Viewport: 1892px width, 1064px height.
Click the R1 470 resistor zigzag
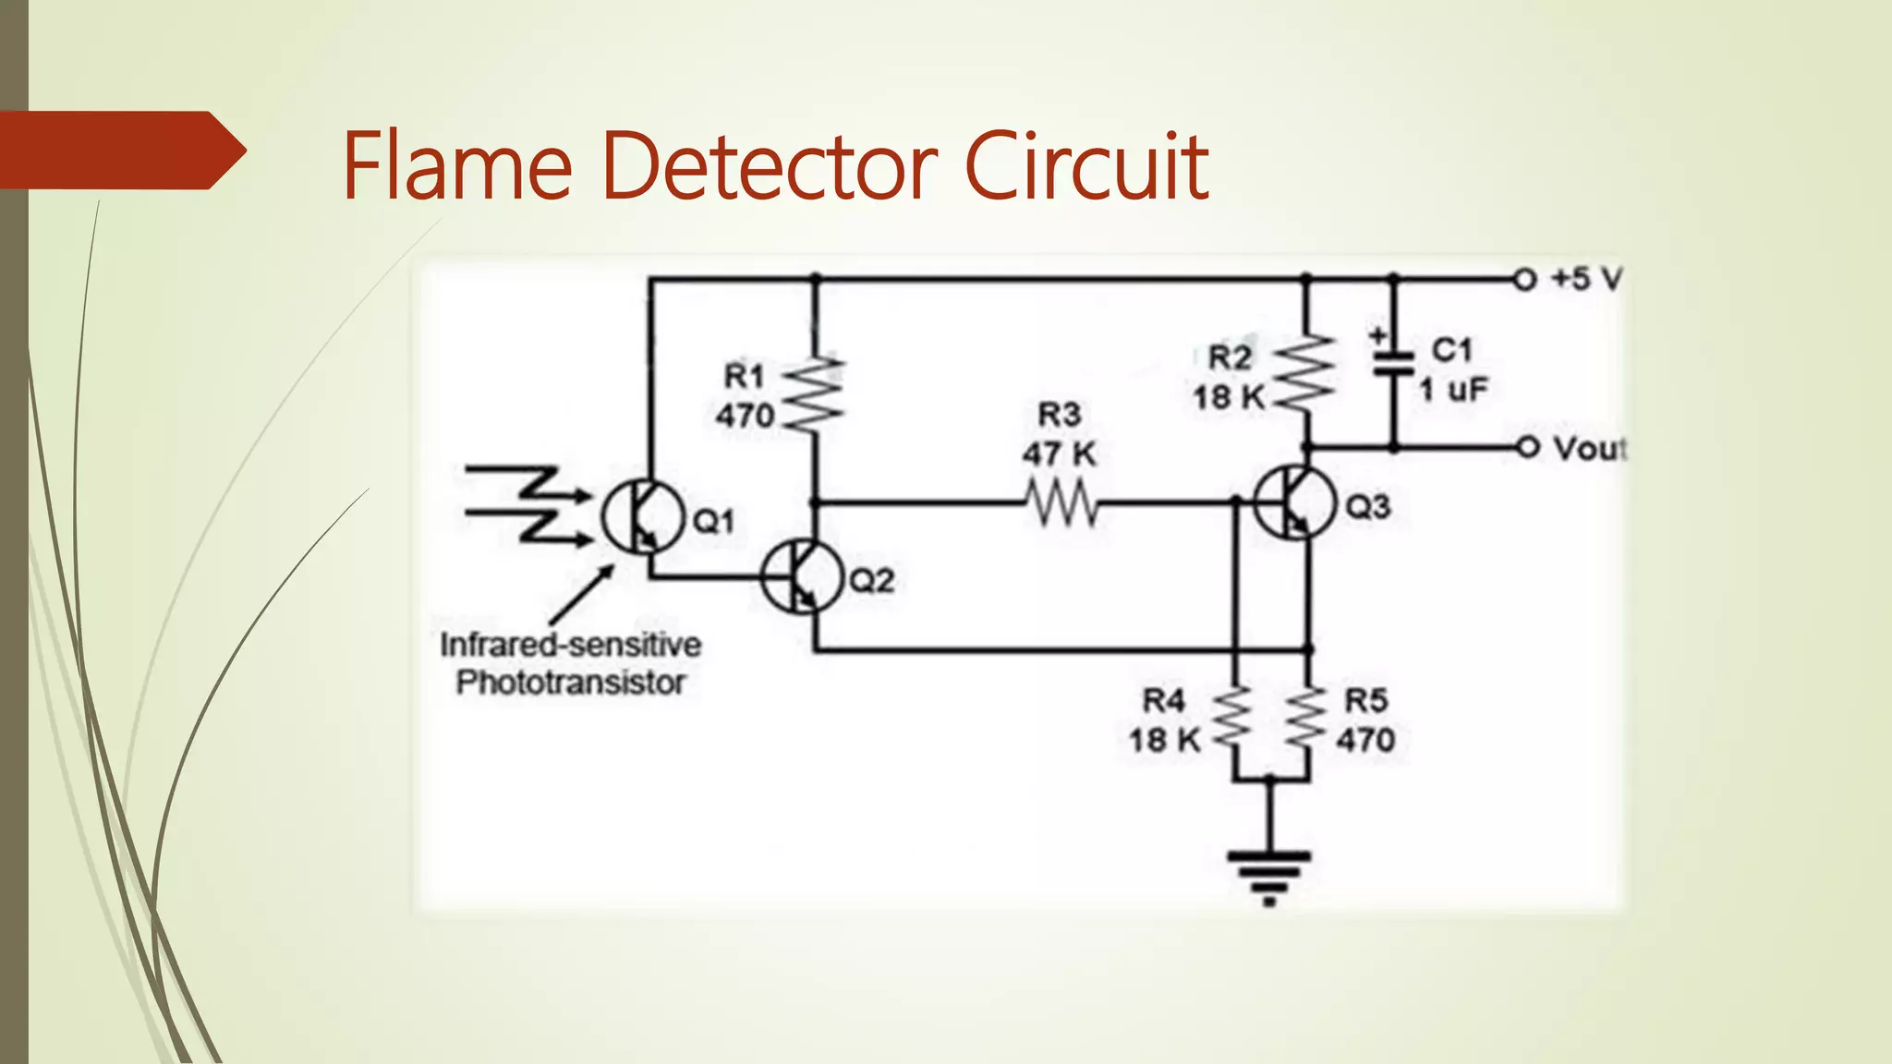815,393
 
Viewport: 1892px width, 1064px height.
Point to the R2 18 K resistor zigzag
1305,374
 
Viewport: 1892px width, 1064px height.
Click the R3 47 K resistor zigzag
1062,504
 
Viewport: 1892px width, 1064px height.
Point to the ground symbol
1269,873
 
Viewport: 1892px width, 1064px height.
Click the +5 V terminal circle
1524,278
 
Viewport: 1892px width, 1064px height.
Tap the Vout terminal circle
1528,448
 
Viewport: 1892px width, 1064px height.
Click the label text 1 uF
1453,390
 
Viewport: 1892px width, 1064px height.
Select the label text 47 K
1059,454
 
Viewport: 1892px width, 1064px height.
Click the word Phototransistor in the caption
570,683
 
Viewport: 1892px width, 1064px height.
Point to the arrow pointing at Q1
582,596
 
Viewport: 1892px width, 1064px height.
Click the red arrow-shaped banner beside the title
120,151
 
